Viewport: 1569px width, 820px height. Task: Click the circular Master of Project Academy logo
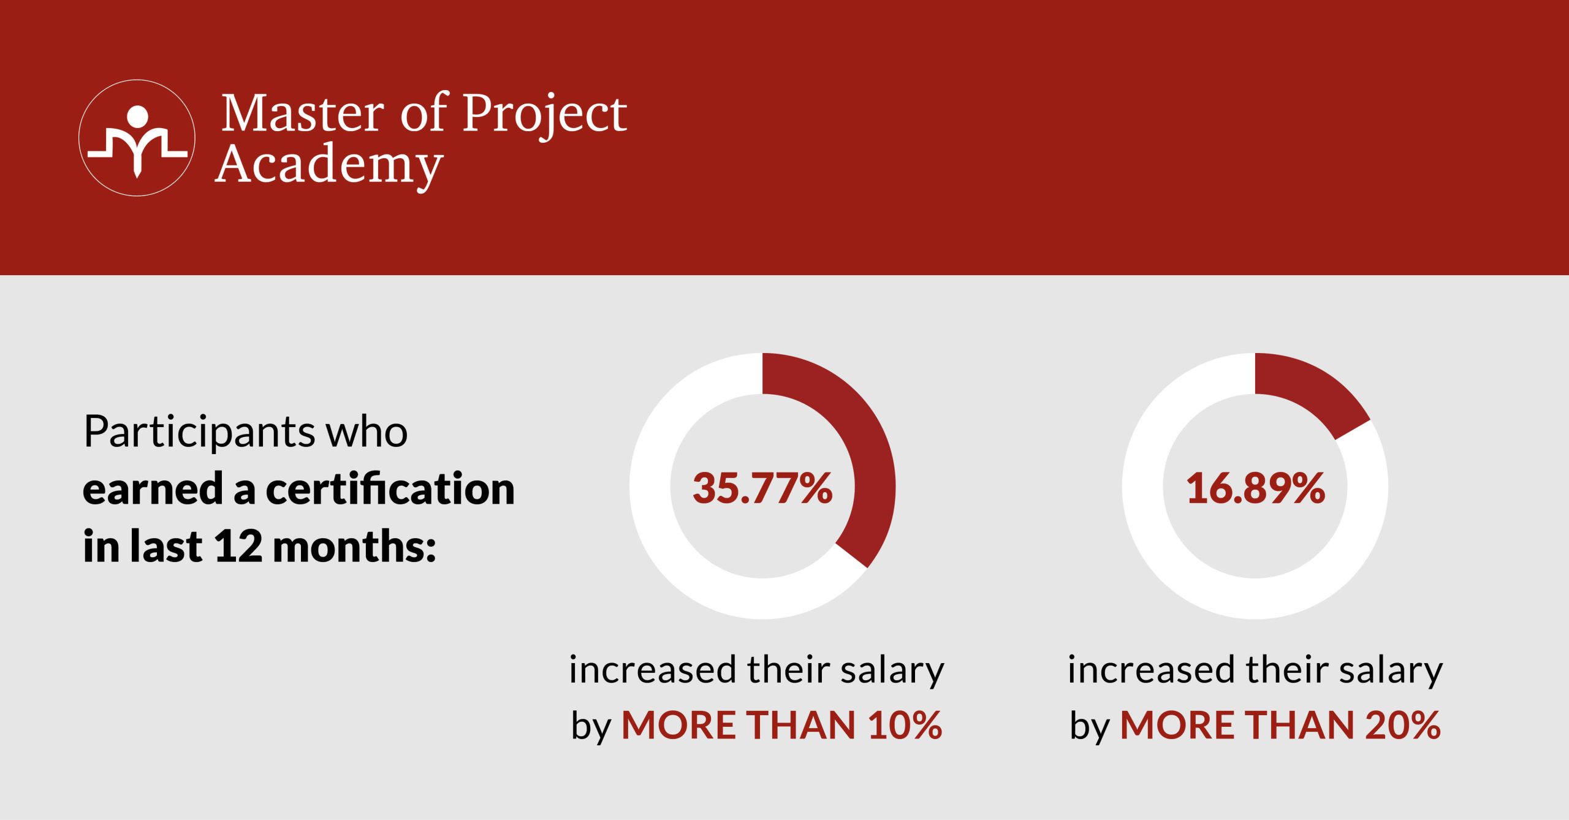pos(137,138)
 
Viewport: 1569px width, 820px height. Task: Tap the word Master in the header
pos(302,113)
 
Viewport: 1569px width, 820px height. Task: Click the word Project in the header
pos(544,113)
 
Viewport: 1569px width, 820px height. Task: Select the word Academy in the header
pos(329,164)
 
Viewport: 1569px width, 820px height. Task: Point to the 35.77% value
pos(762,488)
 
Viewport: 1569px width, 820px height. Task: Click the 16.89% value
pos(1255,488)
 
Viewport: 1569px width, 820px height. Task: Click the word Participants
pos(199,432)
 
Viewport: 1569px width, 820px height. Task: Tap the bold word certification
pos(390,489)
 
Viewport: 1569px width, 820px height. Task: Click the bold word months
pos(354,546)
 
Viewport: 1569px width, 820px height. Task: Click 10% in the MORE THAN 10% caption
pos(905,726)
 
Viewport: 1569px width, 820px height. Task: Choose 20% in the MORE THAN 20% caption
pos(1403,726)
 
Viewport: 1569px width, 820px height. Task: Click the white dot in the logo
pos(137,116)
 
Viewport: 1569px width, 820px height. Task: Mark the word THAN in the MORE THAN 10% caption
pos(800,726)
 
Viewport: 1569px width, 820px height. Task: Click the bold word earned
pos(153,489)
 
